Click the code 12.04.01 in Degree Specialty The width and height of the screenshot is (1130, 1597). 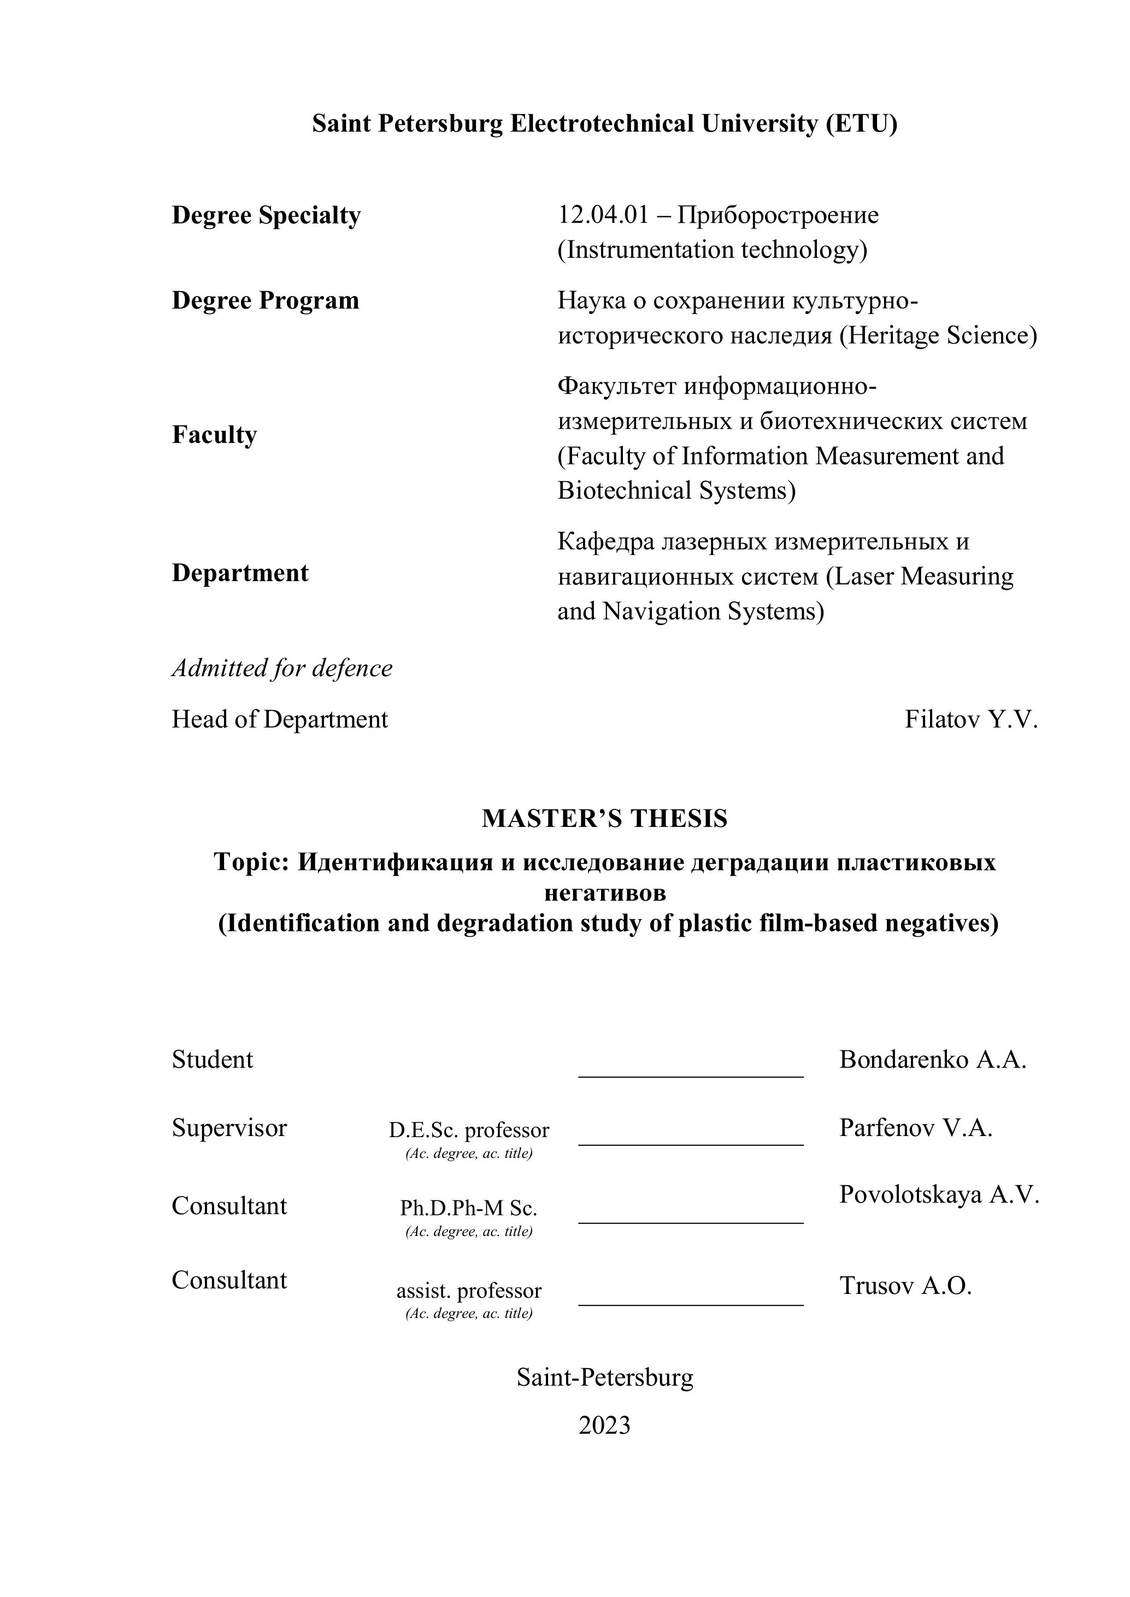[603, 216]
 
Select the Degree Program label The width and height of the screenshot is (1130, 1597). [265, 300]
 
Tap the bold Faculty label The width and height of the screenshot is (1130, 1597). [214, 435]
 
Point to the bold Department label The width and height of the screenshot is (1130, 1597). [240, 573]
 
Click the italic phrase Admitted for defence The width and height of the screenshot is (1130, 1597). [282, 669]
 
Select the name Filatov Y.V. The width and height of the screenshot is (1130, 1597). [970, 719]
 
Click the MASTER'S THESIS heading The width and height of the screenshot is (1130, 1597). [604, 819]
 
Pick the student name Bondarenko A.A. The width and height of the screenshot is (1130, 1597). [932, 1060]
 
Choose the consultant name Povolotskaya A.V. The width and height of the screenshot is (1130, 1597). [939, 1194]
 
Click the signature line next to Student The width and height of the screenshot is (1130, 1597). [690, 1075]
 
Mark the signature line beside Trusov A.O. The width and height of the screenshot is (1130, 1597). [690, 1304]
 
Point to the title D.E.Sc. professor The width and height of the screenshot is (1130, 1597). [468, 1130]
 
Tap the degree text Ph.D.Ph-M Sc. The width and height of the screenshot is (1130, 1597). [468, 1208]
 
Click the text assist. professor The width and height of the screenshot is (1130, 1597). [468, 1291]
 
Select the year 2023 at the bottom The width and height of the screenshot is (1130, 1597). [604, 1425]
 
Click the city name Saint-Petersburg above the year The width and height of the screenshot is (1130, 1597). [604, 1377]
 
